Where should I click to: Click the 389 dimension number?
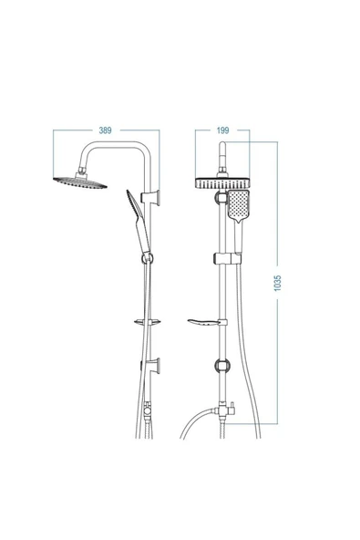[x=106, y=130]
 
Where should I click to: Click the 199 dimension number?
[x=222, y=130]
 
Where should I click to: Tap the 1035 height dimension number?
[x=278, y=283]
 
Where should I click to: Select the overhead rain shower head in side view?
[x=80, y=182]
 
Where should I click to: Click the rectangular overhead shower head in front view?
[x=222, y=182]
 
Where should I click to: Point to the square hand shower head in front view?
[x=238, y=205]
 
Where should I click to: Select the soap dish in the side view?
[x=148, y=322]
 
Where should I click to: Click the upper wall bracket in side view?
[x=151, y=197]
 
